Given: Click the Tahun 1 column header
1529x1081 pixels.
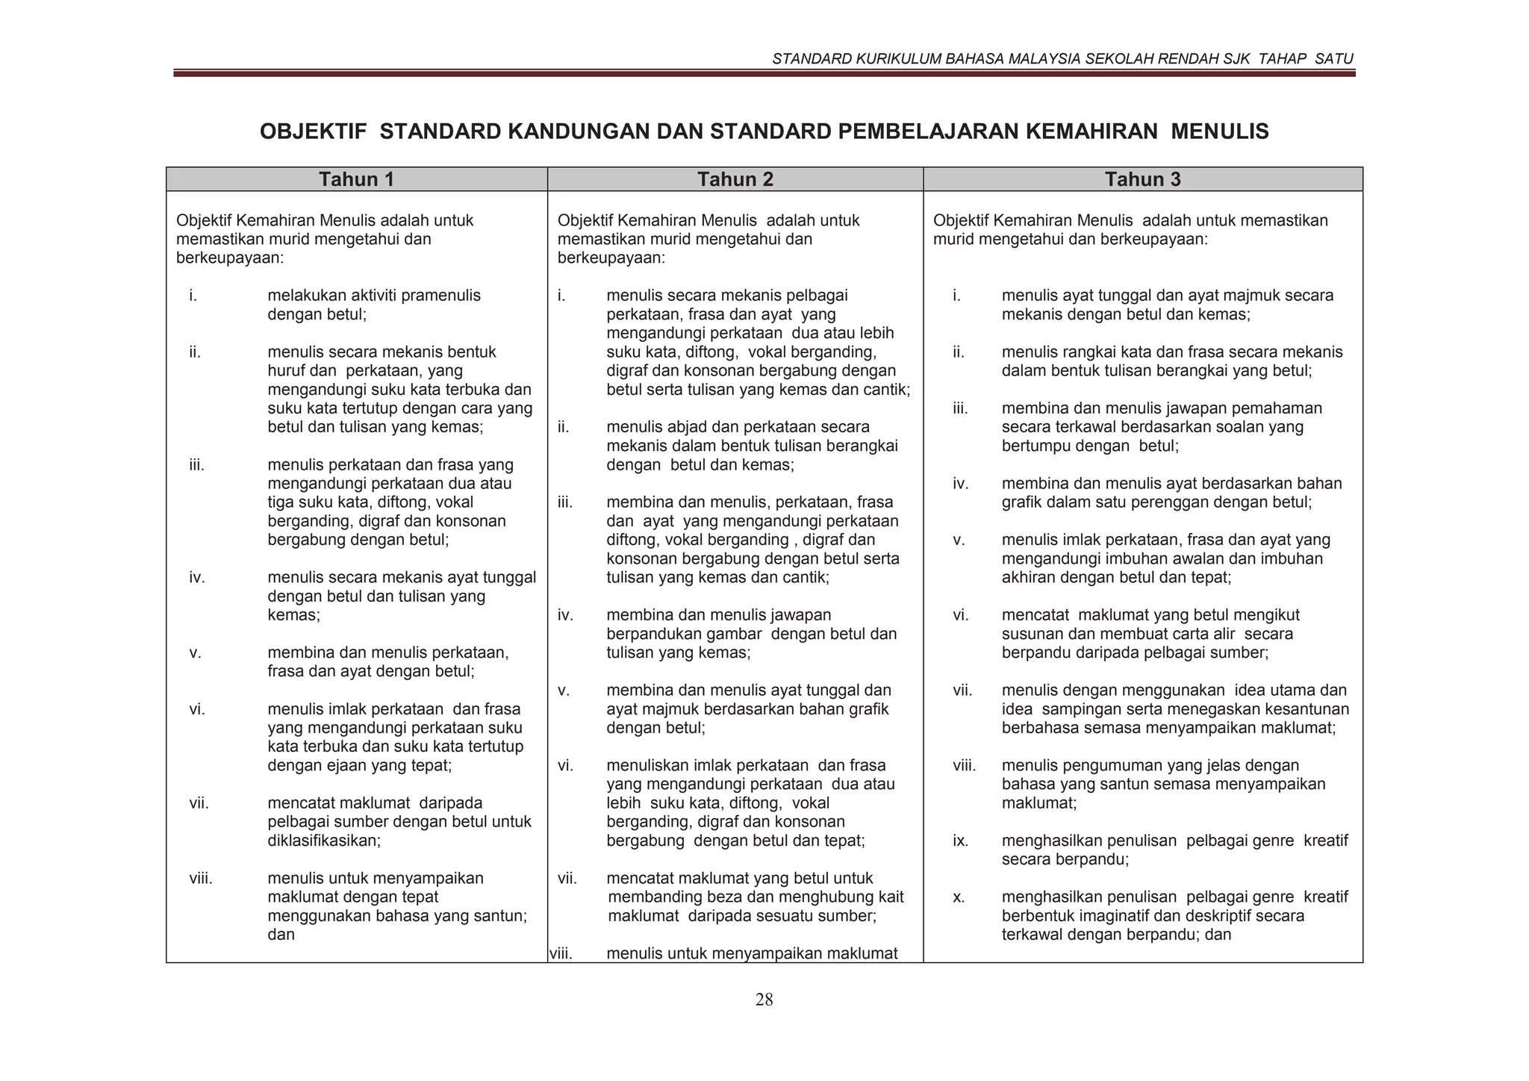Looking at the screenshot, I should tap(356, 179).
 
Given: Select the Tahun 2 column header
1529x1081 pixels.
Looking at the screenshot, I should tap(735, 179).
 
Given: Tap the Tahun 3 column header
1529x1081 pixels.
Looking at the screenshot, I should tap(1142, 179).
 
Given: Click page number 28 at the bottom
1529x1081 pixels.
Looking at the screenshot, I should tap(764, 1000).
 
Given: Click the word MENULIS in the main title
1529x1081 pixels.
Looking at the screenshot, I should tap(1219, 132).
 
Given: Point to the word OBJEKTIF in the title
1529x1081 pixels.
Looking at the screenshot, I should tap(313, 132).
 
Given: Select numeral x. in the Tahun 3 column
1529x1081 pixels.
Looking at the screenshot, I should tap(959, 897).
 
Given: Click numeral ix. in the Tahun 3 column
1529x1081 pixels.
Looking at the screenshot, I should tap(960, 841).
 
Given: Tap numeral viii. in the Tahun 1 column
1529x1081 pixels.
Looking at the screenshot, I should tap(201, 878).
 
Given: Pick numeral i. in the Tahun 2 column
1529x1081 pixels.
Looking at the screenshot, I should tap(561, 296).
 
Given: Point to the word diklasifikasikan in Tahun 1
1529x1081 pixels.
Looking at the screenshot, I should tap(323, 841).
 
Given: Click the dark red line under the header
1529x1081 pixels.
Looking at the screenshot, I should tap(764, 73).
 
